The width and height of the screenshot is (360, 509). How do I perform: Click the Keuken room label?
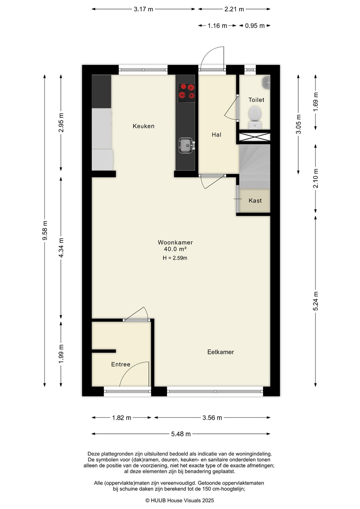(144, 126)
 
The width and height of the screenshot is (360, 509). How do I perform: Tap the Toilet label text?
(256, 100)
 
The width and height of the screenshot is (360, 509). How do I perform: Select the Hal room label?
(216, 135)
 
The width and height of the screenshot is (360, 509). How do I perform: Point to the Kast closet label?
(255, 201)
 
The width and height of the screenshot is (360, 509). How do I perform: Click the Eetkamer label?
(220, 352)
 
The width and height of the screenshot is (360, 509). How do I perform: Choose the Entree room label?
(121, 364)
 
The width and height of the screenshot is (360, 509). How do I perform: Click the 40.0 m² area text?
(175, 249)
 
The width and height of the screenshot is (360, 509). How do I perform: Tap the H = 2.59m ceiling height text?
(175, 258)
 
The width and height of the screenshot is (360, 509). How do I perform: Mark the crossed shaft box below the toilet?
(255, 137)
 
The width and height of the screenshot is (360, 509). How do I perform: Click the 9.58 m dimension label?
(45, 230)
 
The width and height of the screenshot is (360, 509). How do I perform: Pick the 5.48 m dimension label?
(181, 434)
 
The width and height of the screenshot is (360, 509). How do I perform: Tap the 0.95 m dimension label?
(255, 26)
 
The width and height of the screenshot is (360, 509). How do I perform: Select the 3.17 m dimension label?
(144, 9)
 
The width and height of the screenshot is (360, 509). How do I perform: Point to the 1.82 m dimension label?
(122, 418)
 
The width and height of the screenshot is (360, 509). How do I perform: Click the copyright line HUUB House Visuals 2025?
(180, 501)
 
